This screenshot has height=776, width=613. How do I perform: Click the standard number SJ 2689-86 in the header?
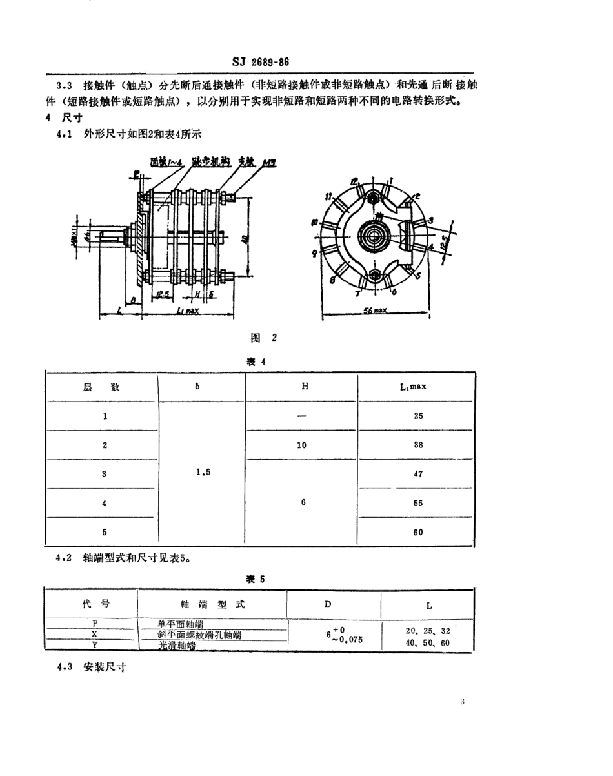pyautogui.click(x=260, y=63)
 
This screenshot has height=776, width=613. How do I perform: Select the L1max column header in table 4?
pyautogui.click(x=418, y=387)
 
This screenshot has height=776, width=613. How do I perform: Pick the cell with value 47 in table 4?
pyautogui.click(x=418, y=474)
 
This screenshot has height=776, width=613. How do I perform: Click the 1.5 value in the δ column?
pyautogui.click(x=203, y=472)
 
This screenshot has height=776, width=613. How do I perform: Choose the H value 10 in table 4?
pyautogui.click(x=302, y=445)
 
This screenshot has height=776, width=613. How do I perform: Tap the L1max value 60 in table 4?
pyautogui.click(x=418, y=532)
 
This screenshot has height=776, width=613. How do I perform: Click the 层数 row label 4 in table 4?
pyautogui.click(x=104, y=503)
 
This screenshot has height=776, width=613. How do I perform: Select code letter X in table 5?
pyautogui.click(x=94, y=635)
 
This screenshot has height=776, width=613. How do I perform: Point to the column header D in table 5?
pyautogui.click(x=328, y=604)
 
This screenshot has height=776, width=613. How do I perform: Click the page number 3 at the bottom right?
pyautogui.click(x=463, y=702)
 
